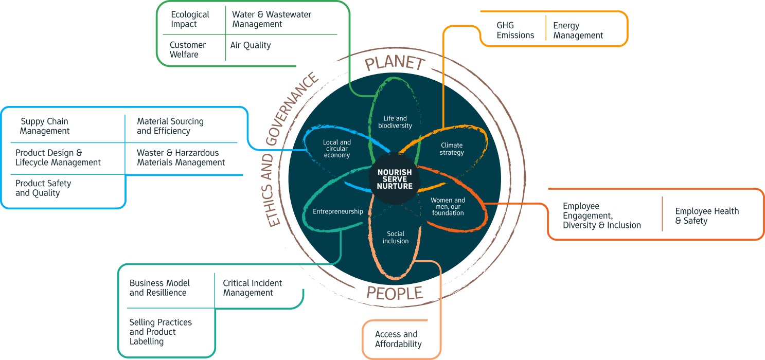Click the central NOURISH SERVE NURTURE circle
(395, 178)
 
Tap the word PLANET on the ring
(395, 64)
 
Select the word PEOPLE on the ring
(394, 293)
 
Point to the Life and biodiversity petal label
(395, 122)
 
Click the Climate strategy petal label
(452, 149)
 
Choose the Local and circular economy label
(337, 149)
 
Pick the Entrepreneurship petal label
(338, 211)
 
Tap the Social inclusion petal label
(396, 237)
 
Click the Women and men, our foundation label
(448, 206)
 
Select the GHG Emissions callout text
(515, 30)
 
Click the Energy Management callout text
(578, 30)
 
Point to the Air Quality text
(251, 45)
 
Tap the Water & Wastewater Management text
(271, 19)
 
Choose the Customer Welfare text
(188, 49)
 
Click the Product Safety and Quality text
(43, 188)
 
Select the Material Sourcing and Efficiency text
(170, 126)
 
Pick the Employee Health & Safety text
(707, 216)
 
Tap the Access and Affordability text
(398, 339)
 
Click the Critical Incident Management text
(252, 288)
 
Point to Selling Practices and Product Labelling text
(161, 332)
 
